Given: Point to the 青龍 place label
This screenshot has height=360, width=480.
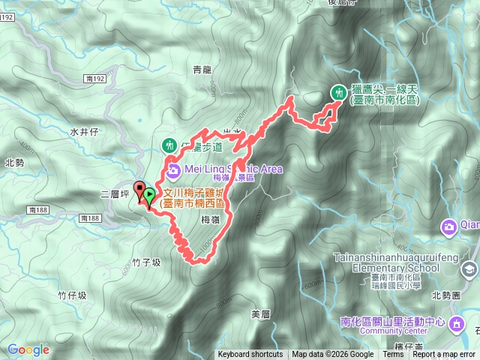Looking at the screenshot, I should point(202,70).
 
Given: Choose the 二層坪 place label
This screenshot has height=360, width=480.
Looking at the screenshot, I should point(115,194).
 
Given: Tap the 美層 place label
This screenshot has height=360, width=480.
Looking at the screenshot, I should point(260,313).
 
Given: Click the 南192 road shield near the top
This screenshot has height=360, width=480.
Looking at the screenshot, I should point(95,78).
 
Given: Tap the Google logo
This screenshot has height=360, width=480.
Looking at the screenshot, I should point(28,349).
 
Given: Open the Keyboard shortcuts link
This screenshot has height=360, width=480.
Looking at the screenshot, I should point(250,355).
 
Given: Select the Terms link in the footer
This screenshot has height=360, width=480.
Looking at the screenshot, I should point(393,355).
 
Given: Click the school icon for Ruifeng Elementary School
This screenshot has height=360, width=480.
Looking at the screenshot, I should point(469,268).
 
